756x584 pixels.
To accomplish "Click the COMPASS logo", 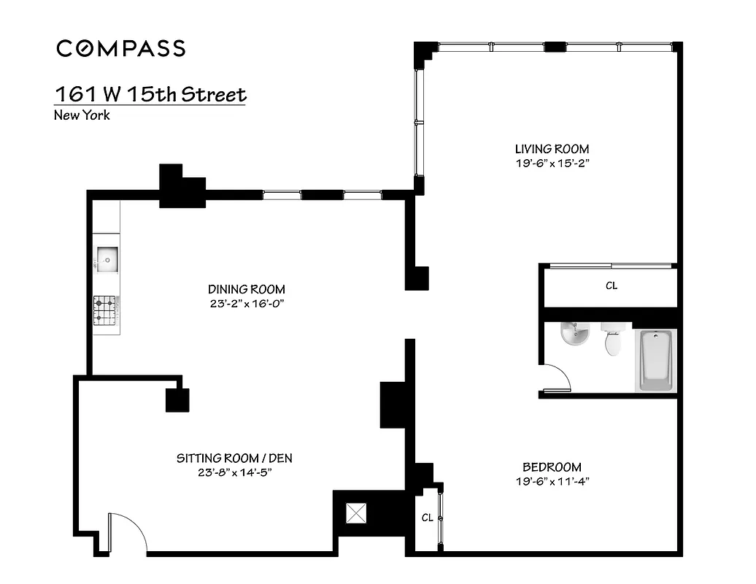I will pos(121,48).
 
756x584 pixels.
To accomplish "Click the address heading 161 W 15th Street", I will pos(150,95).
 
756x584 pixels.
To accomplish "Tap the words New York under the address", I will pos(82,115).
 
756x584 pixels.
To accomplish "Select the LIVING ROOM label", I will pos(551,149).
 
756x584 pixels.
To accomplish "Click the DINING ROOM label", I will pos(246,289).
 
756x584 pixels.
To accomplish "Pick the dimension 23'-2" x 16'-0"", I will pos(246,303).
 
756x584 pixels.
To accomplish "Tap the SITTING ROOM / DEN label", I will pos(234,458).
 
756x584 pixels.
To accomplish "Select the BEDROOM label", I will pos(552,467).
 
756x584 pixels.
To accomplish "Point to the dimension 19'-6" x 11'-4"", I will pos(552,481).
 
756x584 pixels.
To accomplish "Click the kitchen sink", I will pos(107,258).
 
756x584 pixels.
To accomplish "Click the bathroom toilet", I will pos(612,341).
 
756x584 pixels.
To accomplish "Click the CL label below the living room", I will pos(612,286).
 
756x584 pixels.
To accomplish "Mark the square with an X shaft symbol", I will pos(357,513).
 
